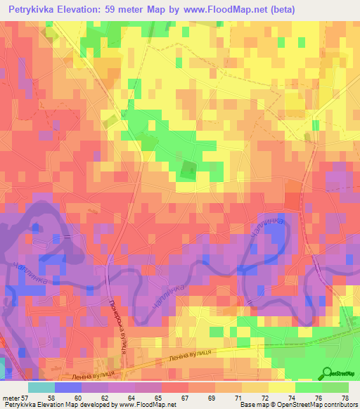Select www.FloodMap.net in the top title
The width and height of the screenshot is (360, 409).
coord(229,9)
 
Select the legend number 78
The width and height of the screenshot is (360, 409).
coord(344,397)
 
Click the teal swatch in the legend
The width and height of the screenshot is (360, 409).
coord(41,387)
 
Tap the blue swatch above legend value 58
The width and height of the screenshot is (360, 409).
coord(67,387)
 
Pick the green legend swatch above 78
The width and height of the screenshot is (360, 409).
coord(335,387)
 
